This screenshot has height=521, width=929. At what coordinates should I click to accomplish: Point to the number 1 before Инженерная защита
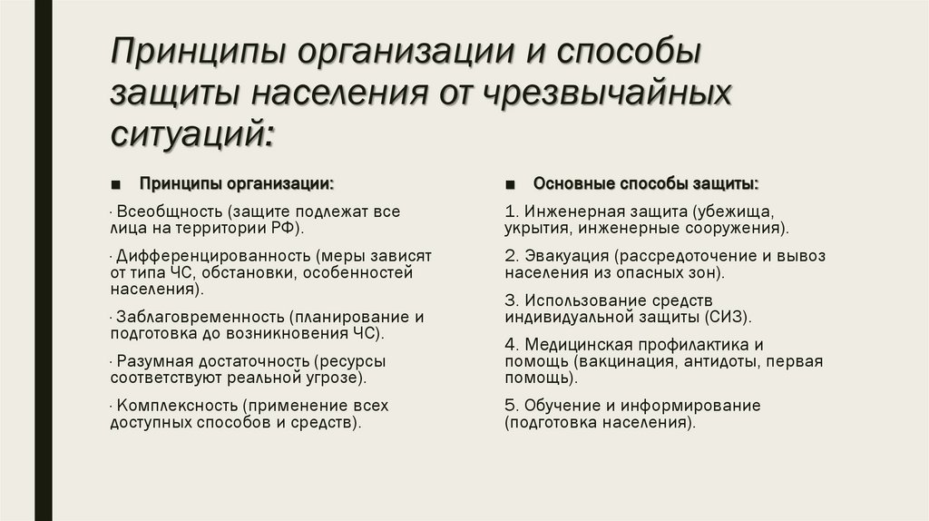(510, 211)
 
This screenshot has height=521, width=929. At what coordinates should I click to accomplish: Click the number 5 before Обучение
(510, 406)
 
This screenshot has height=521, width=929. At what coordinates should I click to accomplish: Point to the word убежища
(722, 211)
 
